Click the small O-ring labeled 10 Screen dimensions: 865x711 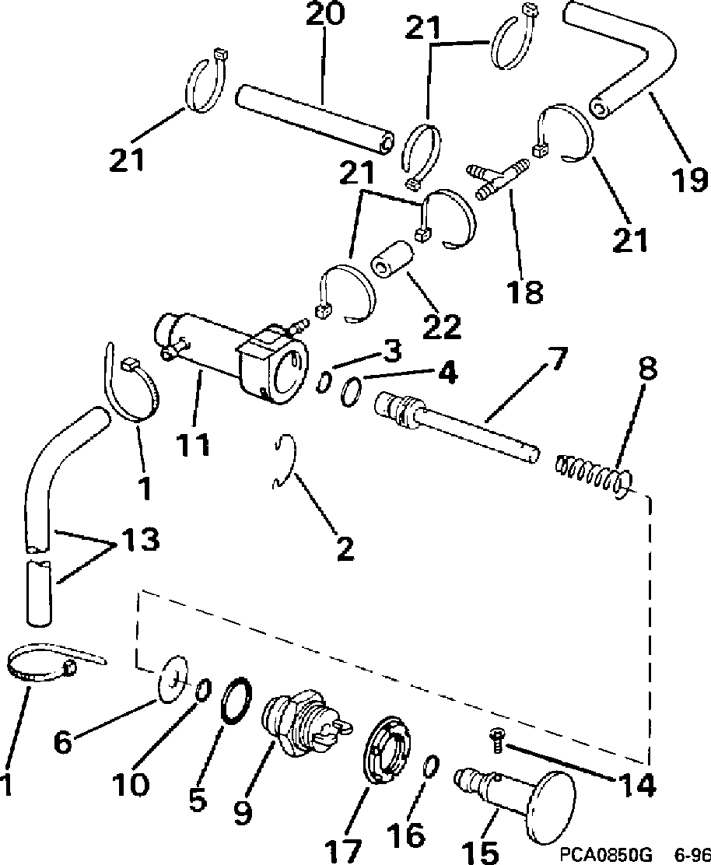[x=203, y=689]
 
